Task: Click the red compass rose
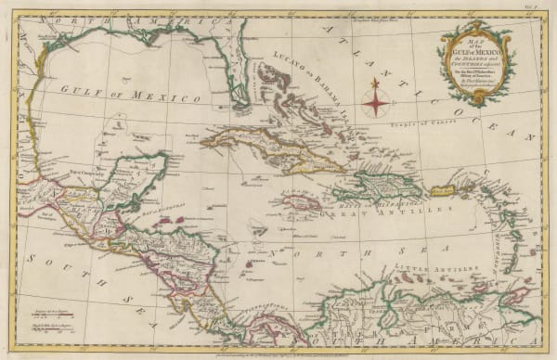pos(374,97)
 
